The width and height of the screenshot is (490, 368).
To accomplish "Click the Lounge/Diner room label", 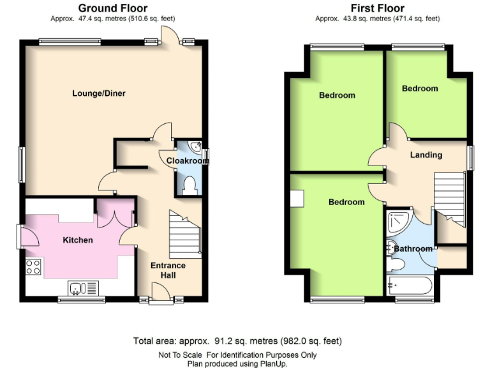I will click(98, 93).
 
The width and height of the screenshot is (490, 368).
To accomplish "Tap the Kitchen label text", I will click(78, 240).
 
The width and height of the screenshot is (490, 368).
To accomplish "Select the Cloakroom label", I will click(188, 161).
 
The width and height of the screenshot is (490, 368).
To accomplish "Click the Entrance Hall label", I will click(168, 270).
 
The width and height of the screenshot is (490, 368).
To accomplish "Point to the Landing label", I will click(426, 155).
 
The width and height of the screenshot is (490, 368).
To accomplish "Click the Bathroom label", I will click(413, 249).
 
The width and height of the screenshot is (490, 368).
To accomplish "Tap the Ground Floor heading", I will click(112, 8).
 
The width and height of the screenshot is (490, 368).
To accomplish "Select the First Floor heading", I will click(377, 8).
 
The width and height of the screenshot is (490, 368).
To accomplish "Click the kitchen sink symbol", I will click(78, 289).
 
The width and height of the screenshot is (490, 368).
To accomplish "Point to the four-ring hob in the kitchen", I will click(33, 268).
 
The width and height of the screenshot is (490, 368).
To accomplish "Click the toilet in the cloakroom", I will click(189, 185).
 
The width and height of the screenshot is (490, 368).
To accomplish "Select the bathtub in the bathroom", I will click(410, 285).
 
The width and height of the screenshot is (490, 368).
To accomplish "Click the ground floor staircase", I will click(185, 234).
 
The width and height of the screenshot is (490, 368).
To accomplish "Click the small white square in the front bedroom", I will click(297, 199).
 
